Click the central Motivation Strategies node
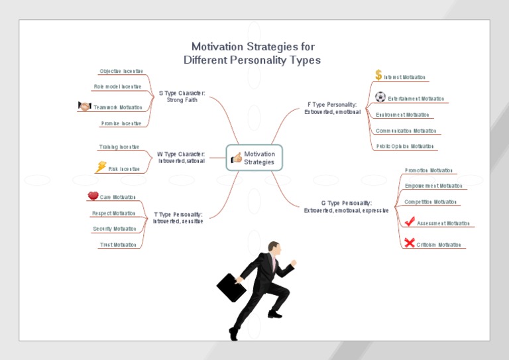(x=254, y=158)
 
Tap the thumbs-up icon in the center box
(x=236, y=158)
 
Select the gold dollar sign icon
(x=378, y=75)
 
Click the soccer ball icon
(x=380, y=97)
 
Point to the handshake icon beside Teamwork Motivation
(x=84, y=106)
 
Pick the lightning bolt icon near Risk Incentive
(x=101, y=167)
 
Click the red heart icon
(x=93, y=196)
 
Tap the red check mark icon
(x=410, y=221)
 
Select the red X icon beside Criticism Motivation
(x=409, y=243)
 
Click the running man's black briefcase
(x=231, y=288)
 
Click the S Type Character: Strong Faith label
(x=182, y=97)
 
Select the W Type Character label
(x=181, y=157)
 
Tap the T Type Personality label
(x=178, y=217)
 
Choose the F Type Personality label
(x=333, y=108)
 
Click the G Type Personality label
(x=347, y=206)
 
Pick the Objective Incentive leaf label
(x=121, y=71)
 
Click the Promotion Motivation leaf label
(x=429, y=170)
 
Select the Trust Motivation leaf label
(x=118, y=245)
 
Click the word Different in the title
(x=208, y=60)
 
